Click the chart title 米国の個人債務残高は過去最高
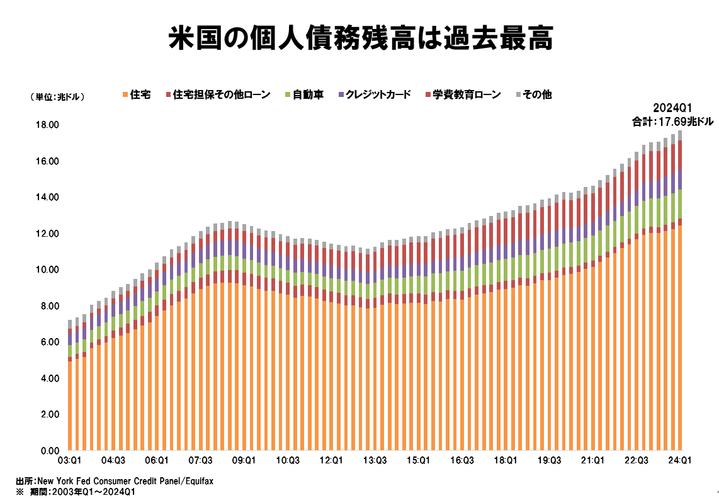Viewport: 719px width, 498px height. [360, 38]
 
